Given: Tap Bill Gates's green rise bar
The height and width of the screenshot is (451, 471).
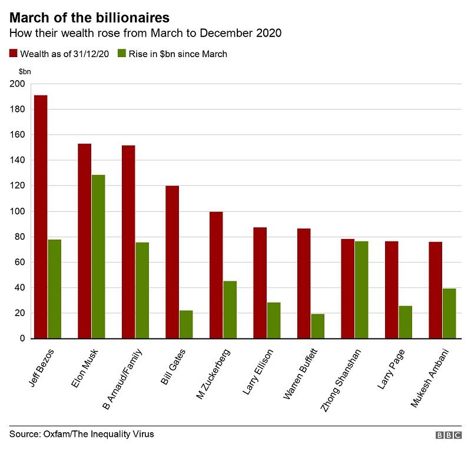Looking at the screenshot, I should click(186, 324).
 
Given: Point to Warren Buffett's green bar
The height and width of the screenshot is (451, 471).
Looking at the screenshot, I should click(317, 326).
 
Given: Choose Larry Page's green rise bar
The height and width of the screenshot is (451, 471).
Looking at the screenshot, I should click(405, 322).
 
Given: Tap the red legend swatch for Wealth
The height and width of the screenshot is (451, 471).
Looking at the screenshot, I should click(14, 54).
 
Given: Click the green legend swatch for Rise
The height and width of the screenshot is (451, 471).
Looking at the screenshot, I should click(122, 54).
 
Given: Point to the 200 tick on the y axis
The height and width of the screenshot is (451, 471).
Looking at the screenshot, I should click(17, 84).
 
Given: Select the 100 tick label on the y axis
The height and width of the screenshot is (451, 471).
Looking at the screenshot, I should click(17, 211).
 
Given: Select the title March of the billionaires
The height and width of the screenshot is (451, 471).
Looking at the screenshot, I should click(89, 18).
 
